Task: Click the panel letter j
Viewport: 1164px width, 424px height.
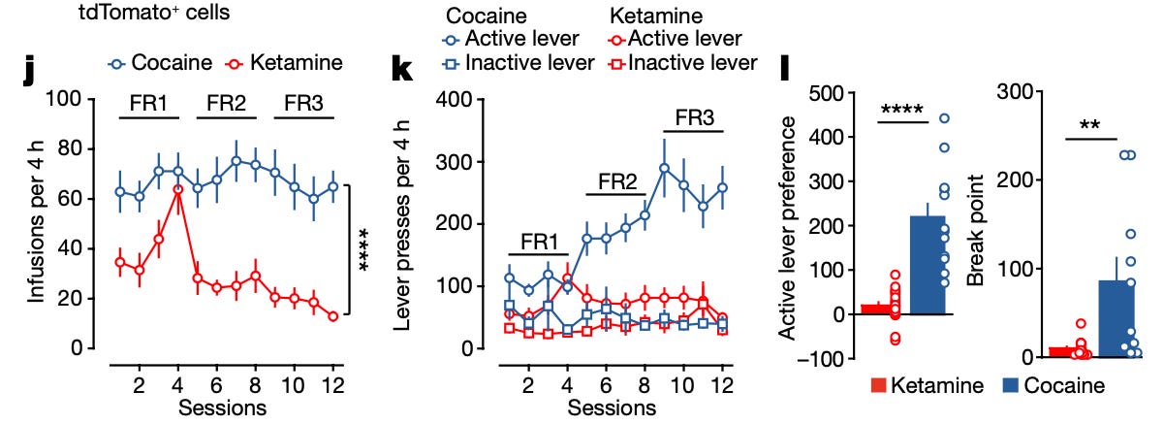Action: coord(30,72)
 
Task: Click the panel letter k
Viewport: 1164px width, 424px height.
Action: coord(402,72)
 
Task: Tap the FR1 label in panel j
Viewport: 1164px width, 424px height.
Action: coord(148,103)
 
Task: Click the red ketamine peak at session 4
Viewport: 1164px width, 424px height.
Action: coord(178,189)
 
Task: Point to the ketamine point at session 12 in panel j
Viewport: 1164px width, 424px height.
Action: coord(333,315)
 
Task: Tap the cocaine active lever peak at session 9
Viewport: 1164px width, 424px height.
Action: coord(664,168)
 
